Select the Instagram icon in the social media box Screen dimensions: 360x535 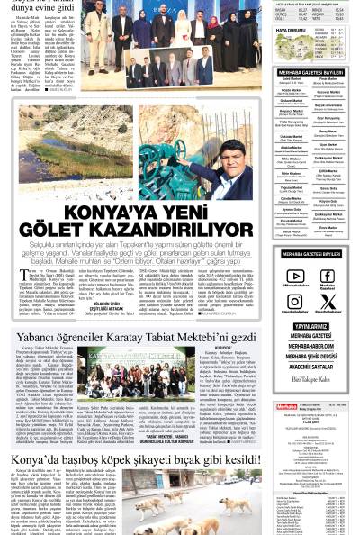coord(294,302)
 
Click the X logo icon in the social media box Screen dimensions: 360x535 coord(328,302)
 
